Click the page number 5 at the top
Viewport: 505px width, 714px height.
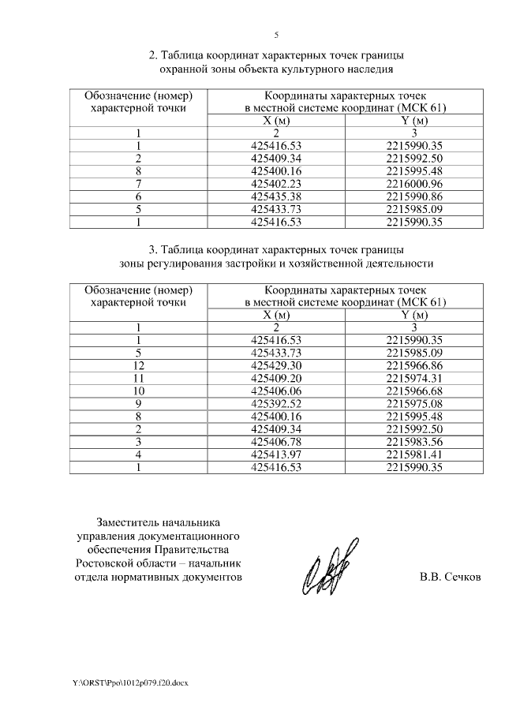276,35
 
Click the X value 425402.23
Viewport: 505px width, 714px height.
276,184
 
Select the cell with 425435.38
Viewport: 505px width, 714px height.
276,196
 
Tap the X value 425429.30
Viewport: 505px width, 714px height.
276,365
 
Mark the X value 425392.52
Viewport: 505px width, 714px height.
276,404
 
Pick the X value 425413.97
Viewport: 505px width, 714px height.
276,454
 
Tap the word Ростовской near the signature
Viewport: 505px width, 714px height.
109,563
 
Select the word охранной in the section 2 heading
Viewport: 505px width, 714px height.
184,69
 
